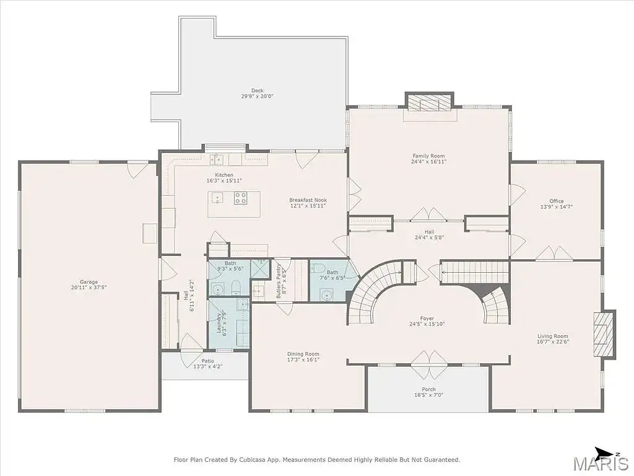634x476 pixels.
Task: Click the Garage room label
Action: (x=89, y=282)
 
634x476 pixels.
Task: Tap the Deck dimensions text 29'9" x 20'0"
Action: (x=258, y=96)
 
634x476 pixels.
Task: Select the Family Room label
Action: (x=428, y=156)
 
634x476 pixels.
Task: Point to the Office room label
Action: (x=557, y=201)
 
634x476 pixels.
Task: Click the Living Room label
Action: (x=553, y=336)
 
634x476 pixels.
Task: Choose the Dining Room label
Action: (x=303, y=354)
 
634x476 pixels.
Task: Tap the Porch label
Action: (x=428, y=389)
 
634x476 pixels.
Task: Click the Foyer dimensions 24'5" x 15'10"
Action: (x=427, y=324)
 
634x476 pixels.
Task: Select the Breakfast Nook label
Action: (x=308, y=200)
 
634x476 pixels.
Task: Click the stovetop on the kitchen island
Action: (x=240, y=198)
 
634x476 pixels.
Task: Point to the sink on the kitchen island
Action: (x=217, y=198)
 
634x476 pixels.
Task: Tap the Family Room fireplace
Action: (x=430, y=102)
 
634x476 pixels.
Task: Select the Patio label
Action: (x=208, y=361)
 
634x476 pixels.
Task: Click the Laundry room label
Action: (x=219, y=324)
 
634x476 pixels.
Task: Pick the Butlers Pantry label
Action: (x=279, y=281)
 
